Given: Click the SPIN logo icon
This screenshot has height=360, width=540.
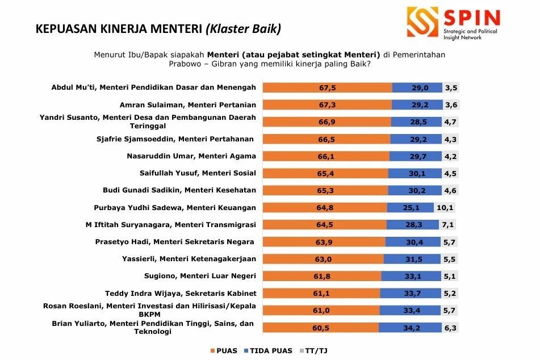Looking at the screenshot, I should (422, 22).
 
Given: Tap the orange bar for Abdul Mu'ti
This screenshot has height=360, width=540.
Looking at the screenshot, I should (328, 87).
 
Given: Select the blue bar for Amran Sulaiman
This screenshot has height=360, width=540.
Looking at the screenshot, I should (417, 104).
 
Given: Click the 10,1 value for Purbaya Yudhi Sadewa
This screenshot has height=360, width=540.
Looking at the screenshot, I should (446, 207).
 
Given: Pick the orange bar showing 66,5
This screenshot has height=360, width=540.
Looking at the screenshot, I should (327, 139).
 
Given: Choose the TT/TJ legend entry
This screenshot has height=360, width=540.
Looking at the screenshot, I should (313, 350).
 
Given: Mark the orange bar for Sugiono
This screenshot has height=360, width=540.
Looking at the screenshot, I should (323, 276).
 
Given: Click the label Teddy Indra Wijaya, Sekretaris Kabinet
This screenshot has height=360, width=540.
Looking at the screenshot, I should (181, 293).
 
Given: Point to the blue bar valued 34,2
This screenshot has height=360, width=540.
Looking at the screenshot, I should (410, 328).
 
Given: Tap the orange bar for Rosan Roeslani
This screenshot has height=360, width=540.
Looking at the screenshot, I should (321, 310).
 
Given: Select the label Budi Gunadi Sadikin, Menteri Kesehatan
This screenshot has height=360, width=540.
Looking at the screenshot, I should (179, 190).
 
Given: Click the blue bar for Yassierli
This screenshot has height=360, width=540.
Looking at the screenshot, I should (412, 259).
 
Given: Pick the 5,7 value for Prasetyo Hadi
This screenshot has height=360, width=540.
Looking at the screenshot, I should (449, 242).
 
